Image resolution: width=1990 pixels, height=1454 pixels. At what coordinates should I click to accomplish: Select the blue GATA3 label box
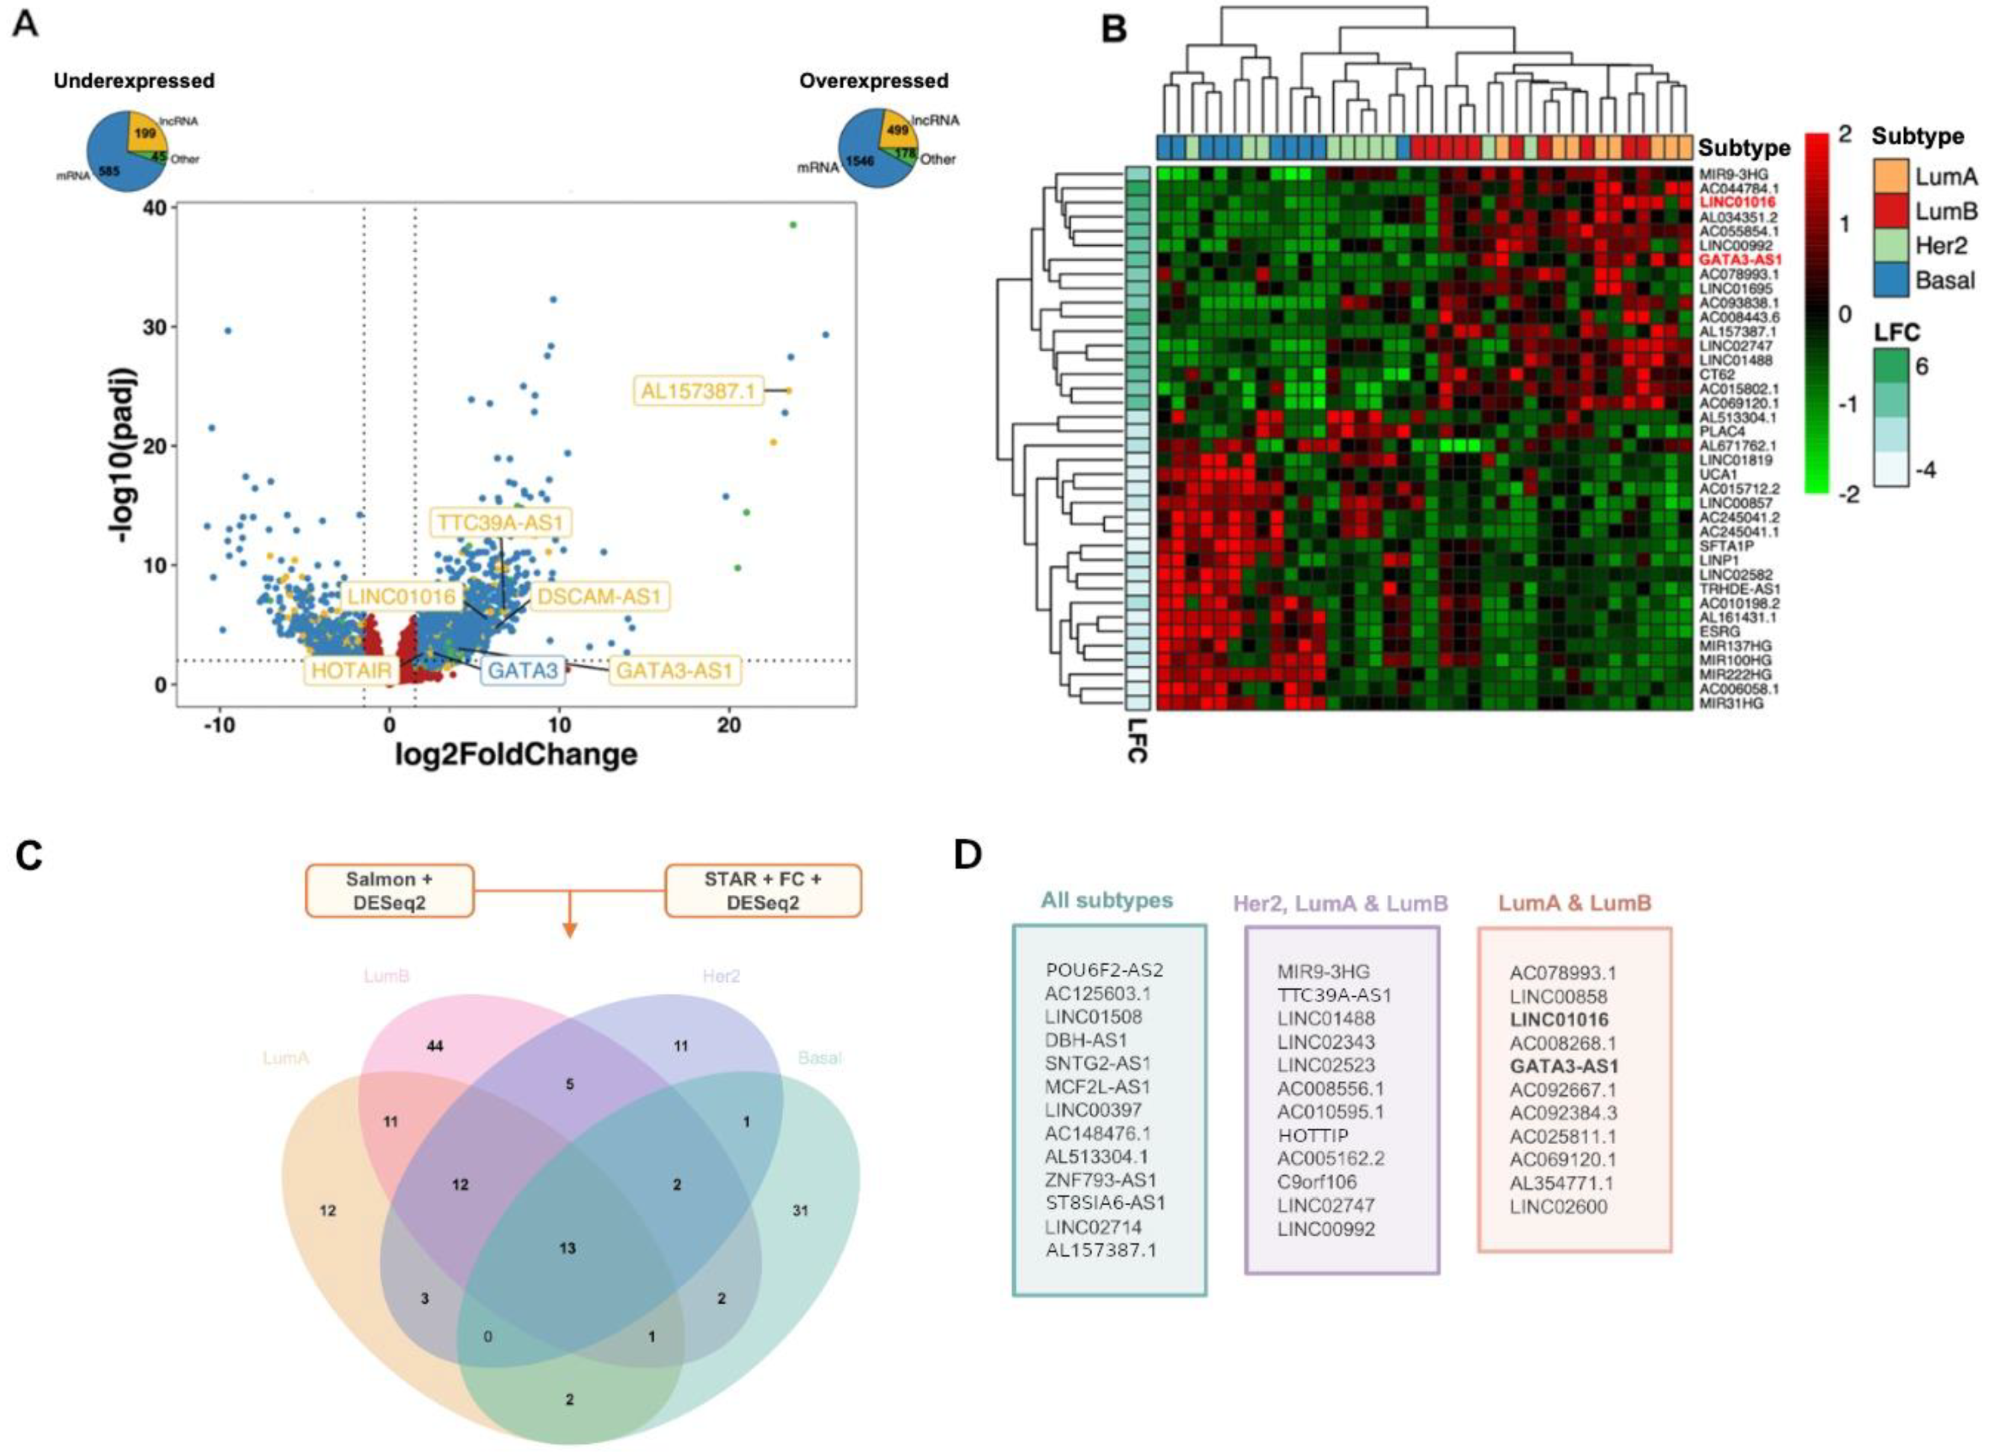(x=523, y=670)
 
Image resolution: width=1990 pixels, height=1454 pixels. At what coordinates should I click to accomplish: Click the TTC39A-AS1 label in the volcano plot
(x=500, y=523)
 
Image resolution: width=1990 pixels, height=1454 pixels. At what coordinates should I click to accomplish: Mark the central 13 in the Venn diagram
(x=568, y=1247)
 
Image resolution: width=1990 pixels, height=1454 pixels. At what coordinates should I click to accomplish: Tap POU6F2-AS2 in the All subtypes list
(x=1105, y=970)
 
